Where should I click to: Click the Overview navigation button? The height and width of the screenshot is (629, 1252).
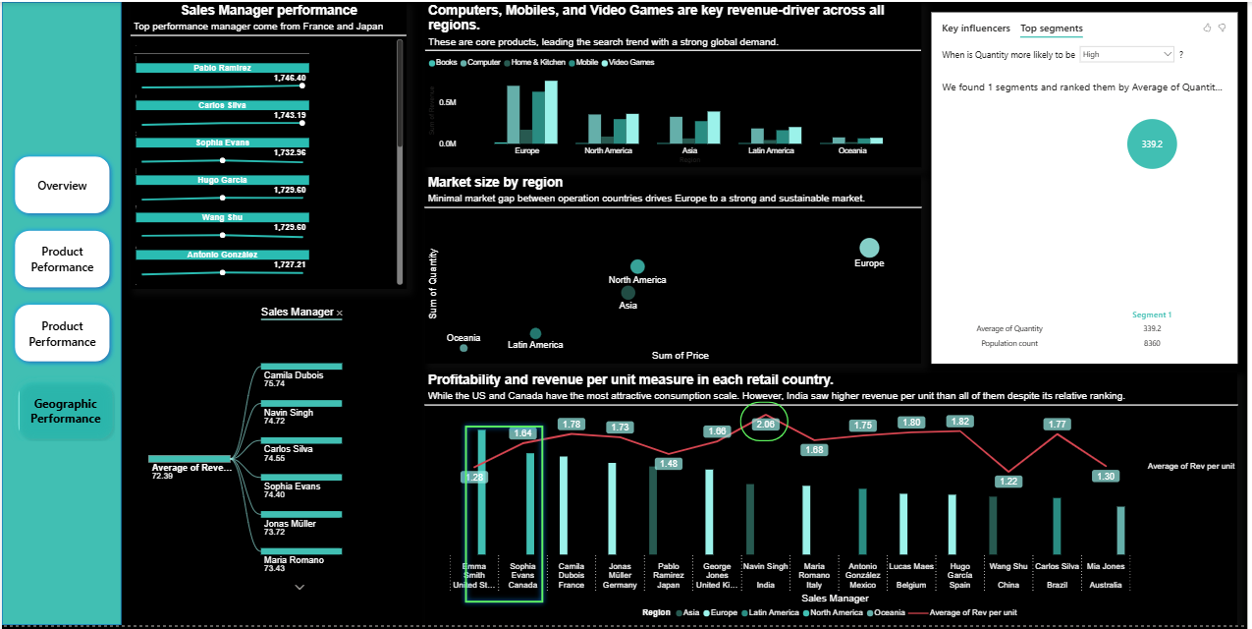pyautogui.click(x=62, y=185)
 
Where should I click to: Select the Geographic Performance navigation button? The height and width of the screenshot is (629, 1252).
pyautogui.click(x=67, y=411)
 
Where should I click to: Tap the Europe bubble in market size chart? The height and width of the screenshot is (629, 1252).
pyautogui.click(x=869, y=248)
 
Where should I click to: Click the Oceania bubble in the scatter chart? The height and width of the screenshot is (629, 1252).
pyautogui.click(x=463, y=348)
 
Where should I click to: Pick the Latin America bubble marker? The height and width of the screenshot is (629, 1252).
pyautogui.click(x=535, y=334)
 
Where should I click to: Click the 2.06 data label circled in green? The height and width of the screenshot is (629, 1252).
pyautogui.click(x=766, y=424)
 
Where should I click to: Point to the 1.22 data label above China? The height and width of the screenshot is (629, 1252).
pyautogui.click(x=1007, y=482)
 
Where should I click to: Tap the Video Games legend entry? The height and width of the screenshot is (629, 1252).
pyautogui.click(x=630, y=62)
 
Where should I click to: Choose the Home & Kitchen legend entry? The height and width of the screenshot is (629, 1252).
pyautogui.click(x=536, y=62)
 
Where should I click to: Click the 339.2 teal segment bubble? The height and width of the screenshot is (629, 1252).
pyautogui.click(x=1152, y=143)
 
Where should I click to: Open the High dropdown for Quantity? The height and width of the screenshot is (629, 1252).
pyautogui.click(x=1126, y=55)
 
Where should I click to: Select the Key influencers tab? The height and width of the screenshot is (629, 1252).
pyautogui.click(x=976, y=29)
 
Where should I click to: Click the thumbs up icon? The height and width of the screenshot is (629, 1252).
pyautogui.click(x=1207, y=28)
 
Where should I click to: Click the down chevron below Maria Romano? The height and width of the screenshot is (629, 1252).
pyautogui.click(x=300, y=587)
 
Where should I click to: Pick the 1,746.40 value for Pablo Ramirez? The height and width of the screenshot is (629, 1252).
pyautogui.click(x=290, y=78)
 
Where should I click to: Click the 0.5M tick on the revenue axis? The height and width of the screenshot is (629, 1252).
pyautogui.click(x=447, y=102)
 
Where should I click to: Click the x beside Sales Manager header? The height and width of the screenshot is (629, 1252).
pyautogui.click(x=340, y=313)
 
